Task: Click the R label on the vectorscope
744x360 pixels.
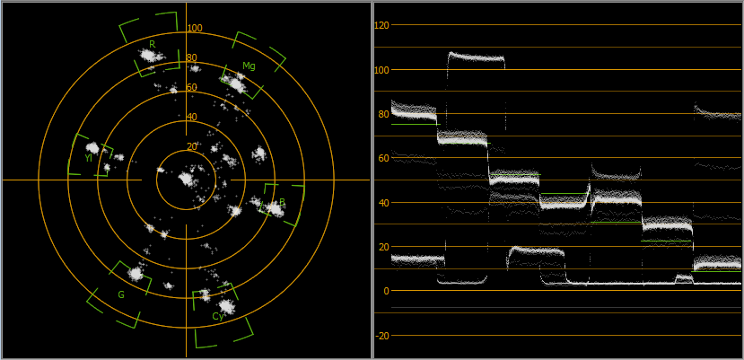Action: [153, 44]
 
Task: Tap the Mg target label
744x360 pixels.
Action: [249, 66]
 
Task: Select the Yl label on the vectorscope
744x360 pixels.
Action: [88, 158]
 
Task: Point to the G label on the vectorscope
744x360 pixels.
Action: [121, 295]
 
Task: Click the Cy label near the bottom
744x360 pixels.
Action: [218, 317]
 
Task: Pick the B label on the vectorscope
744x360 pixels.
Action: [282, 202]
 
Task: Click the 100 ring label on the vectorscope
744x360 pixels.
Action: [195, 28]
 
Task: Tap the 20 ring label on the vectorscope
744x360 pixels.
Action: [192, 146]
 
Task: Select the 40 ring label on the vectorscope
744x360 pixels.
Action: [192, 117]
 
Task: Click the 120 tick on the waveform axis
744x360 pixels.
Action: [381, 25]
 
